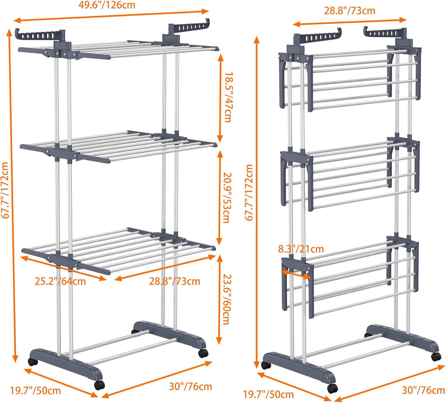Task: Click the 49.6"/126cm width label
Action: click(x=106, y=5)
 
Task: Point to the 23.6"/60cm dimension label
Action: click(x=227, y=299)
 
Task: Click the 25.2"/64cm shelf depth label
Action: click(x=60, y=281)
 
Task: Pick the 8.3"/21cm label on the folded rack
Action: click(x=301, y=249)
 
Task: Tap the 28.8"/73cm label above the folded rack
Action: click(x=349, y=11)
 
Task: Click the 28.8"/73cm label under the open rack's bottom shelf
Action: click(x=175, y=281)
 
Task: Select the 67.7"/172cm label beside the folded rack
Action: click(x=249, y=192)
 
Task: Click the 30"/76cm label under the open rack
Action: click(x=190, y=386)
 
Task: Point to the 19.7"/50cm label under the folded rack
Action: click(x=268, y=394)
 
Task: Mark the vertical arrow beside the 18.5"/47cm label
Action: click(x=220, y=97)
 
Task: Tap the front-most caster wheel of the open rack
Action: click(x=99, y=385)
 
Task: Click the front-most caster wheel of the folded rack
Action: click(x=332, y=388)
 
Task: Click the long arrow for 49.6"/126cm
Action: click(x=111, y=16)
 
